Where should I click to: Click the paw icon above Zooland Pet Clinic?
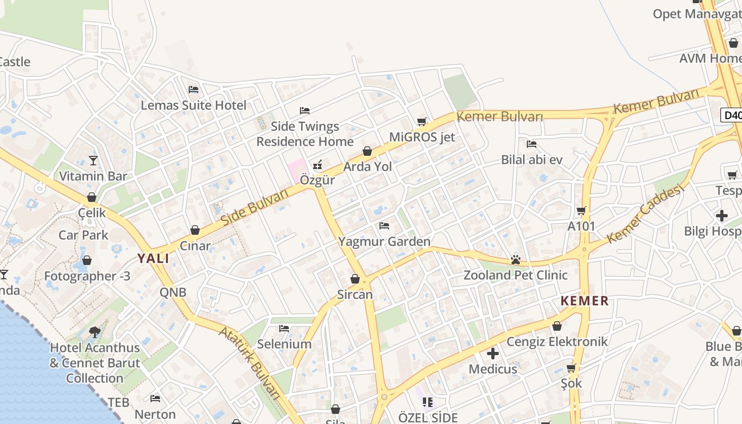pyautogui.click(x=515, y=260)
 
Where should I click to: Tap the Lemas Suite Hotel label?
pyautogui.click(x=193, y=105)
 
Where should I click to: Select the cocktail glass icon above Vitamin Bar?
pyautogui.click(x=93, y=160)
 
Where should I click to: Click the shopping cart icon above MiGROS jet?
pyautogui.click(x=422, y=122)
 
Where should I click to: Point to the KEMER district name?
pyautogui.click(x=585, y=301)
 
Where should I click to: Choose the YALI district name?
pyautogui.click(x=154, y=259)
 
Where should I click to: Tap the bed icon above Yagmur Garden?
pyautogui.click(x=384, y=226)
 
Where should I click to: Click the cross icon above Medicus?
pyautogui.click(x=493, y=353)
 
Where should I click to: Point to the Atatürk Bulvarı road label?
pyautogui.click(x=250, y=362)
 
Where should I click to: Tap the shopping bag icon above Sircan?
pyautogui.click(x=355, y=279)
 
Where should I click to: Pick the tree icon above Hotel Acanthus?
pyautogui.click(x=95, y=332)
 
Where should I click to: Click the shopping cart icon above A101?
pyautogui.click(x=581, y=210)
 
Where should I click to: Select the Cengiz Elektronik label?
pyautogui.click(x=557, y=341)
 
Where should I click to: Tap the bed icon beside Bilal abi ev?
pyautogui.click(x=532, y=144)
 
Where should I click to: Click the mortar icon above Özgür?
pyautogui.click(x=317, y=164)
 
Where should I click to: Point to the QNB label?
pyautogui.click(x=173, y=292)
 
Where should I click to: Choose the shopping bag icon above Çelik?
pyautogui.click(x=92, y=197)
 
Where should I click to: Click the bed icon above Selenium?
pyautogui.click(x=284, y=329)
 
